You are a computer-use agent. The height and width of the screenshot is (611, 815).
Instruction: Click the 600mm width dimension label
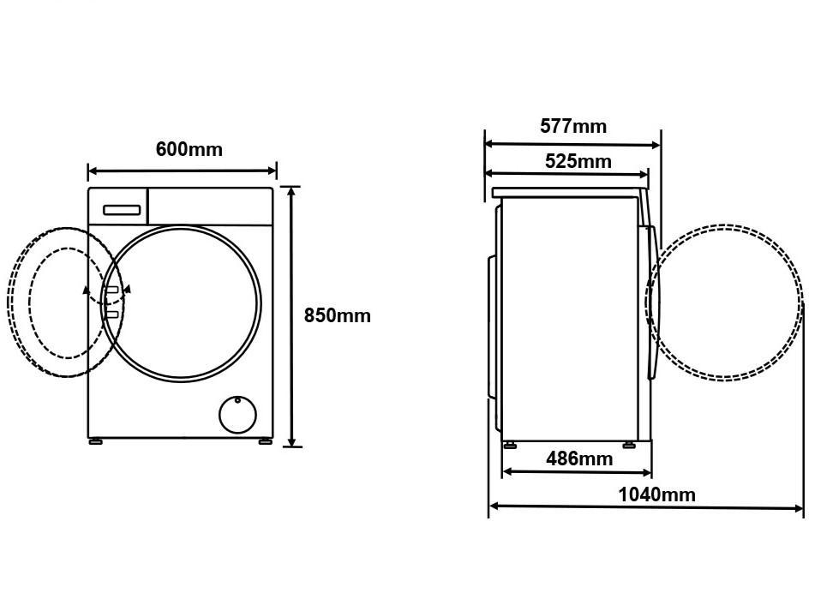pos(189,150)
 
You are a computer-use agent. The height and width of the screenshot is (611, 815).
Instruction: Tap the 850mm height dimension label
pos(338,316)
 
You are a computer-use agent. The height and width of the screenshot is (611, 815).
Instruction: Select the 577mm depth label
pos(573,126)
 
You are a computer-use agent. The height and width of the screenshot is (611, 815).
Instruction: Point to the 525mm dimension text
pos(578,162)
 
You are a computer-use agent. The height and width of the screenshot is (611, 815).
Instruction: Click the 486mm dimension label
pos(579,458)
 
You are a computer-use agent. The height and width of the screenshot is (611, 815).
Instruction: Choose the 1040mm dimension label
pos(656,494)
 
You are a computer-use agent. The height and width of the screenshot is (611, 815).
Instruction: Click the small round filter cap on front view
pos(237,415)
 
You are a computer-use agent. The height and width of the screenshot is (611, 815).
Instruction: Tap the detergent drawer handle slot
pos(122,210)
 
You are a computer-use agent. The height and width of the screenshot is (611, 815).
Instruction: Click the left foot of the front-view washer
pos(95,441)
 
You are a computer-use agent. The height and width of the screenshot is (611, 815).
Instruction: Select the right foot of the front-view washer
pos(265,441)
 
